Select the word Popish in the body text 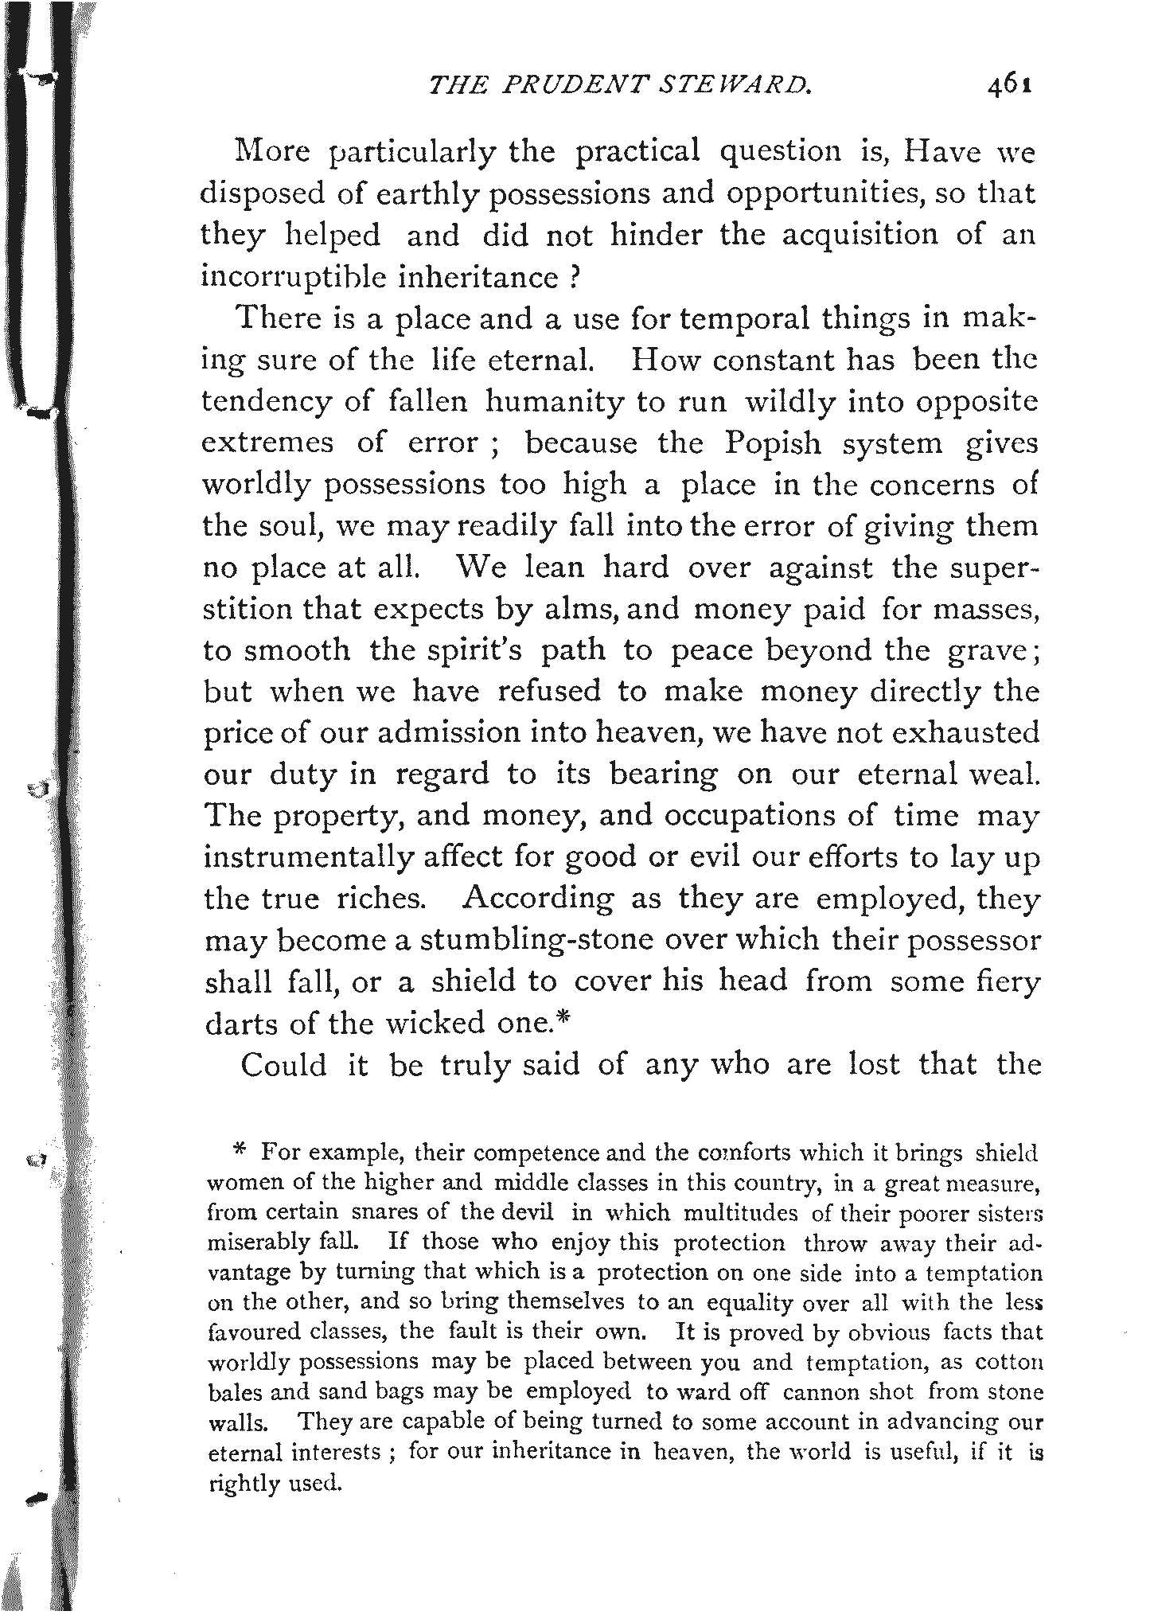(772, 443)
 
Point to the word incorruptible (293, 277)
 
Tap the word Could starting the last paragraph (283, 1064)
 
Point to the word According (538, 899)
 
